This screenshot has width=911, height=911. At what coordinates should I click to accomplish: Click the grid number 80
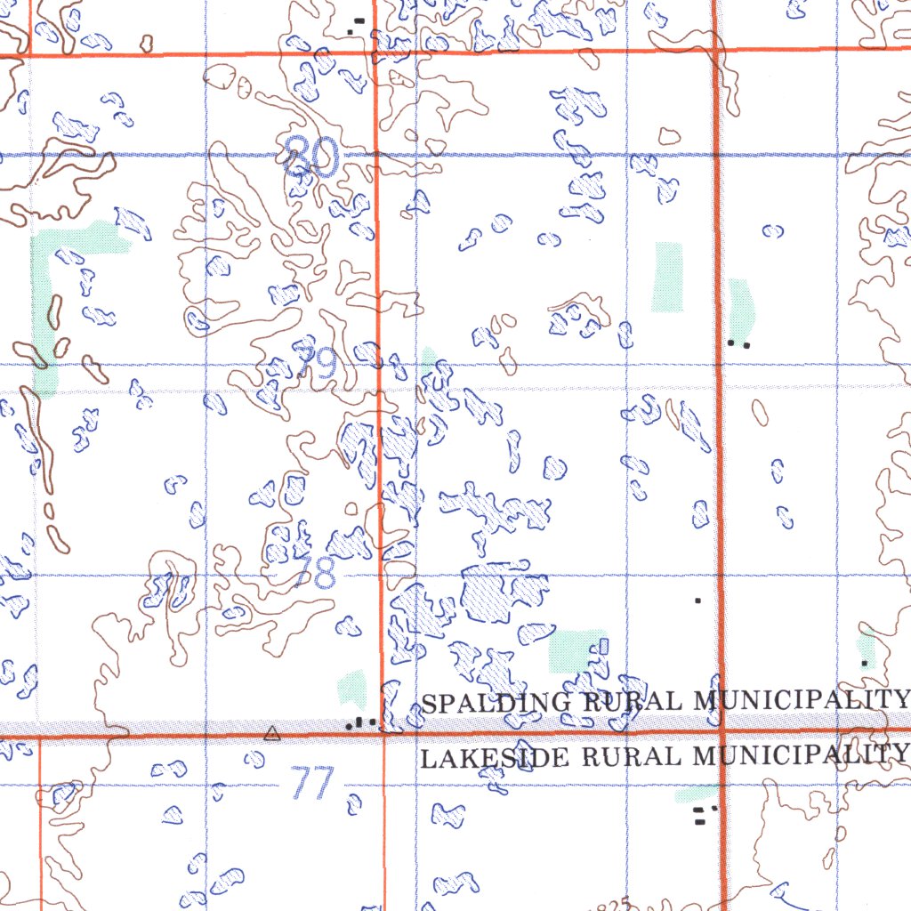pyautogui.click(x=312, y=157)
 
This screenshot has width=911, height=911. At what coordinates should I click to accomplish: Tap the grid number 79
pyautogui.click(x=317, y=363)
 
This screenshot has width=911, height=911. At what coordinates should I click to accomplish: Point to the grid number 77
pyautogui.click(x=312, y=784)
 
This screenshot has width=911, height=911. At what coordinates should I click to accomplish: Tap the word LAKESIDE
pyautogui.click(x=495, y=758)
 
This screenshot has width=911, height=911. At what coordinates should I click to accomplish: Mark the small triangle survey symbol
pyautogui.click(x=272, y=734)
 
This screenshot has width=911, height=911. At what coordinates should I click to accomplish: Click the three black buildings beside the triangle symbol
pyautogui.click(x=360, y=722)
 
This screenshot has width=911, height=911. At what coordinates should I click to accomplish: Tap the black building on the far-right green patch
pyautogui.click(x=865, y=663)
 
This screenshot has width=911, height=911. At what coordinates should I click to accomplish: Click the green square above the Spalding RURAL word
pyautogui.click(x=573, y=649)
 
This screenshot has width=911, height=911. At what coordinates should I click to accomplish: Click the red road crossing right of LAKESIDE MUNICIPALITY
pyautogui.click(x=722, y=732)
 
